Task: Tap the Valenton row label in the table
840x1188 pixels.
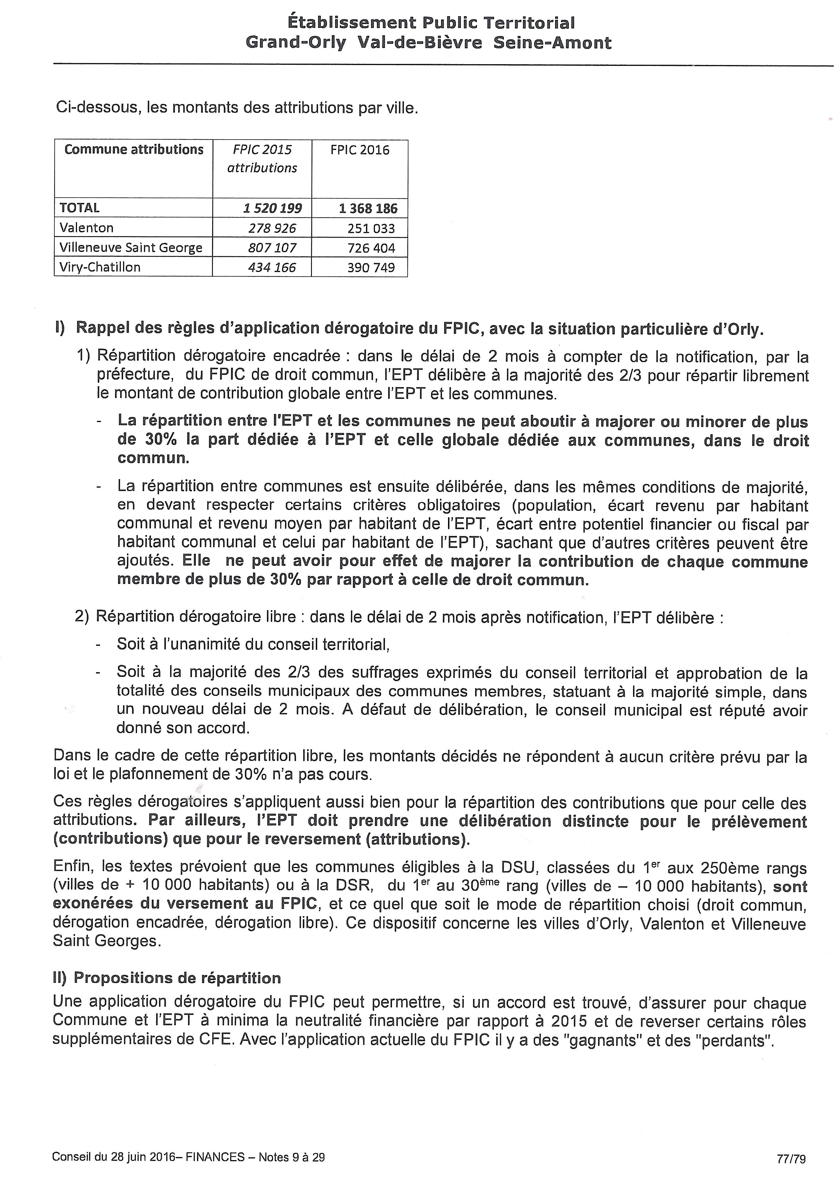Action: (x=86, y=228)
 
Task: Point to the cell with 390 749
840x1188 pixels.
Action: (x=371, y=267)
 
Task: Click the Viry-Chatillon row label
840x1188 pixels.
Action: (x=100, y=267)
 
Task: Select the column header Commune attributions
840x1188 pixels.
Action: (x=133, y=150)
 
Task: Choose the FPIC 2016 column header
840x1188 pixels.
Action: (x=360, y=150)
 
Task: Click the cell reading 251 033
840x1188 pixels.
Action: (x=371, y=228)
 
